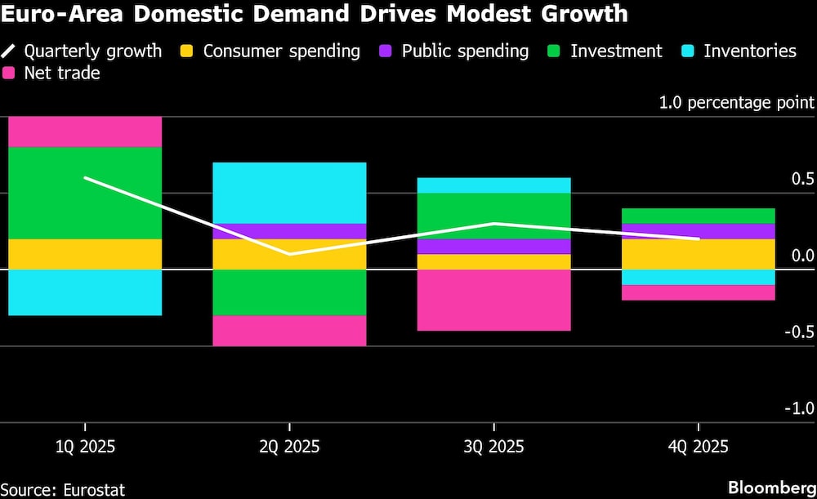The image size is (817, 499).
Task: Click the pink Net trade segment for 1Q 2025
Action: tap(85, 131)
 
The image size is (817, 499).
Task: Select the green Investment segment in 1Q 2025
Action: tap(85, 193)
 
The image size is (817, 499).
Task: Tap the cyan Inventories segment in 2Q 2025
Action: tap(289, 193)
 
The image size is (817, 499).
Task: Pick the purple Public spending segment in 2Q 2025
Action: tap(289, 231)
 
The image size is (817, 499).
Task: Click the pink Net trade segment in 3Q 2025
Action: tap(493, 300)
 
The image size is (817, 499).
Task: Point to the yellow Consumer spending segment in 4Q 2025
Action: tap(698, 254)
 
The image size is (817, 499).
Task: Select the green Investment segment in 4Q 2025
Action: tap(698, 216)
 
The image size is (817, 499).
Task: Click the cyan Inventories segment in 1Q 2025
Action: tap(85, 292)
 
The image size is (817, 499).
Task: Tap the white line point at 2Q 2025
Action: tap(289, 254)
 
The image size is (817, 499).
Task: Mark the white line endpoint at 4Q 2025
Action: tap(698, 238)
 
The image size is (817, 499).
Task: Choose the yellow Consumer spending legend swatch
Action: tap(187, 51)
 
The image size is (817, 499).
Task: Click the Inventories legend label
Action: tap(749, 51)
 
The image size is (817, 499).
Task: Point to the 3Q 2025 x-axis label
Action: tap(493, 448)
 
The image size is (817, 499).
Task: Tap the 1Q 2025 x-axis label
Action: tap(85, 448)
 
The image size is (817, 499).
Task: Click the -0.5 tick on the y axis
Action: tap(797, 332)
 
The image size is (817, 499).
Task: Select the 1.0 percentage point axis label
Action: tap(736, 102)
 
